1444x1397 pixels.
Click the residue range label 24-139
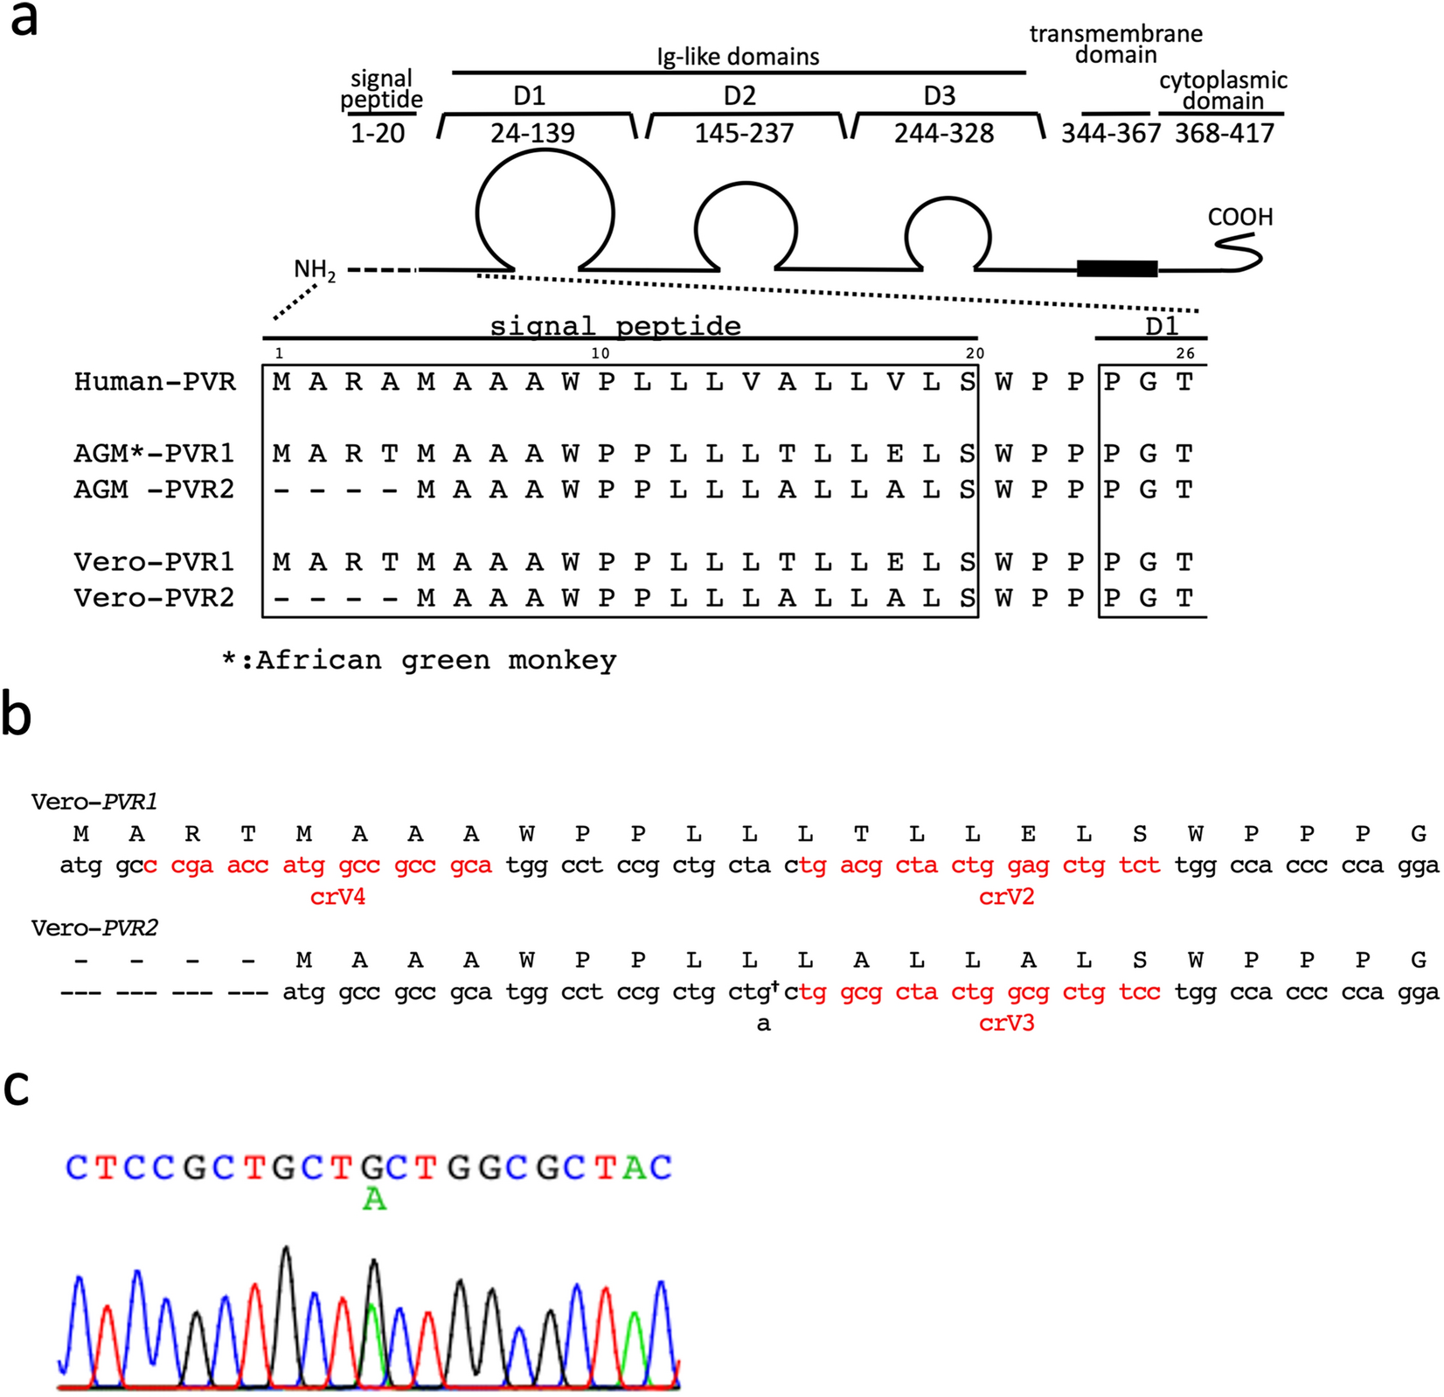pyautogui.click(x=532, y=133)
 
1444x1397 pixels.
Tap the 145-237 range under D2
pyautogui.click(x=744, y=133)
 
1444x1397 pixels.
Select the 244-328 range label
pyautogui.click(x=944, y=133)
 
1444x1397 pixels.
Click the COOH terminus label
pyautogui.click(x=1239, y=217)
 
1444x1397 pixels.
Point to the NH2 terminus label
pyautogui.click(x=314, y=269)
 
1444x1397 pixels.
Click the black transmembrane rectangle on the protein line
pyautogui.click(x=1116, y=268)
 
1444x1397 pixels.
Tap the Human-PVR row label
pyautogui.click(x=155, y=382)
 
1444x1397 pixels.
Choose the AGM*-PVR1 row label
pyautogui.click(x=154, y=453)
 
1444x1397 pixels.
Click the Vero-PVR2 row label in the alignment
pyautogui.click(x=154, y=598)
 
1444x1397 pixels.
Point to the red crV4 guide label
pyautogui.click(x=337, y=896)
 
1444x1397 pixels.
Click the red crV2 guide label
pyautogui.click(x=1006, y=896)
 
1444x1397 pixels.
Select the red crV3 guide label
pyautogui.click(x=1006, y=1023)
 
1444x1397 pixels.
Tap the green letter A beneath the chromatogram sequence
pyautogui.click(x=374, y=1199)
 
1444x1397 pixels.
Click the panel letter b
pyautogui.click(x=17, y=714)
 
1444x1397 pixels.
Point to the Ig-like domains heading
pyautogui.click(x=738, y=57)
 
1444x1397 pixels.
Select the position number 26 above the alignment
pyautogui.click(x=1184, y=353)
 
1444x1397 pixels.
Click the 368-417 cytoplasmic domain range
pyautogui.click(x=1224, y=133)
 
